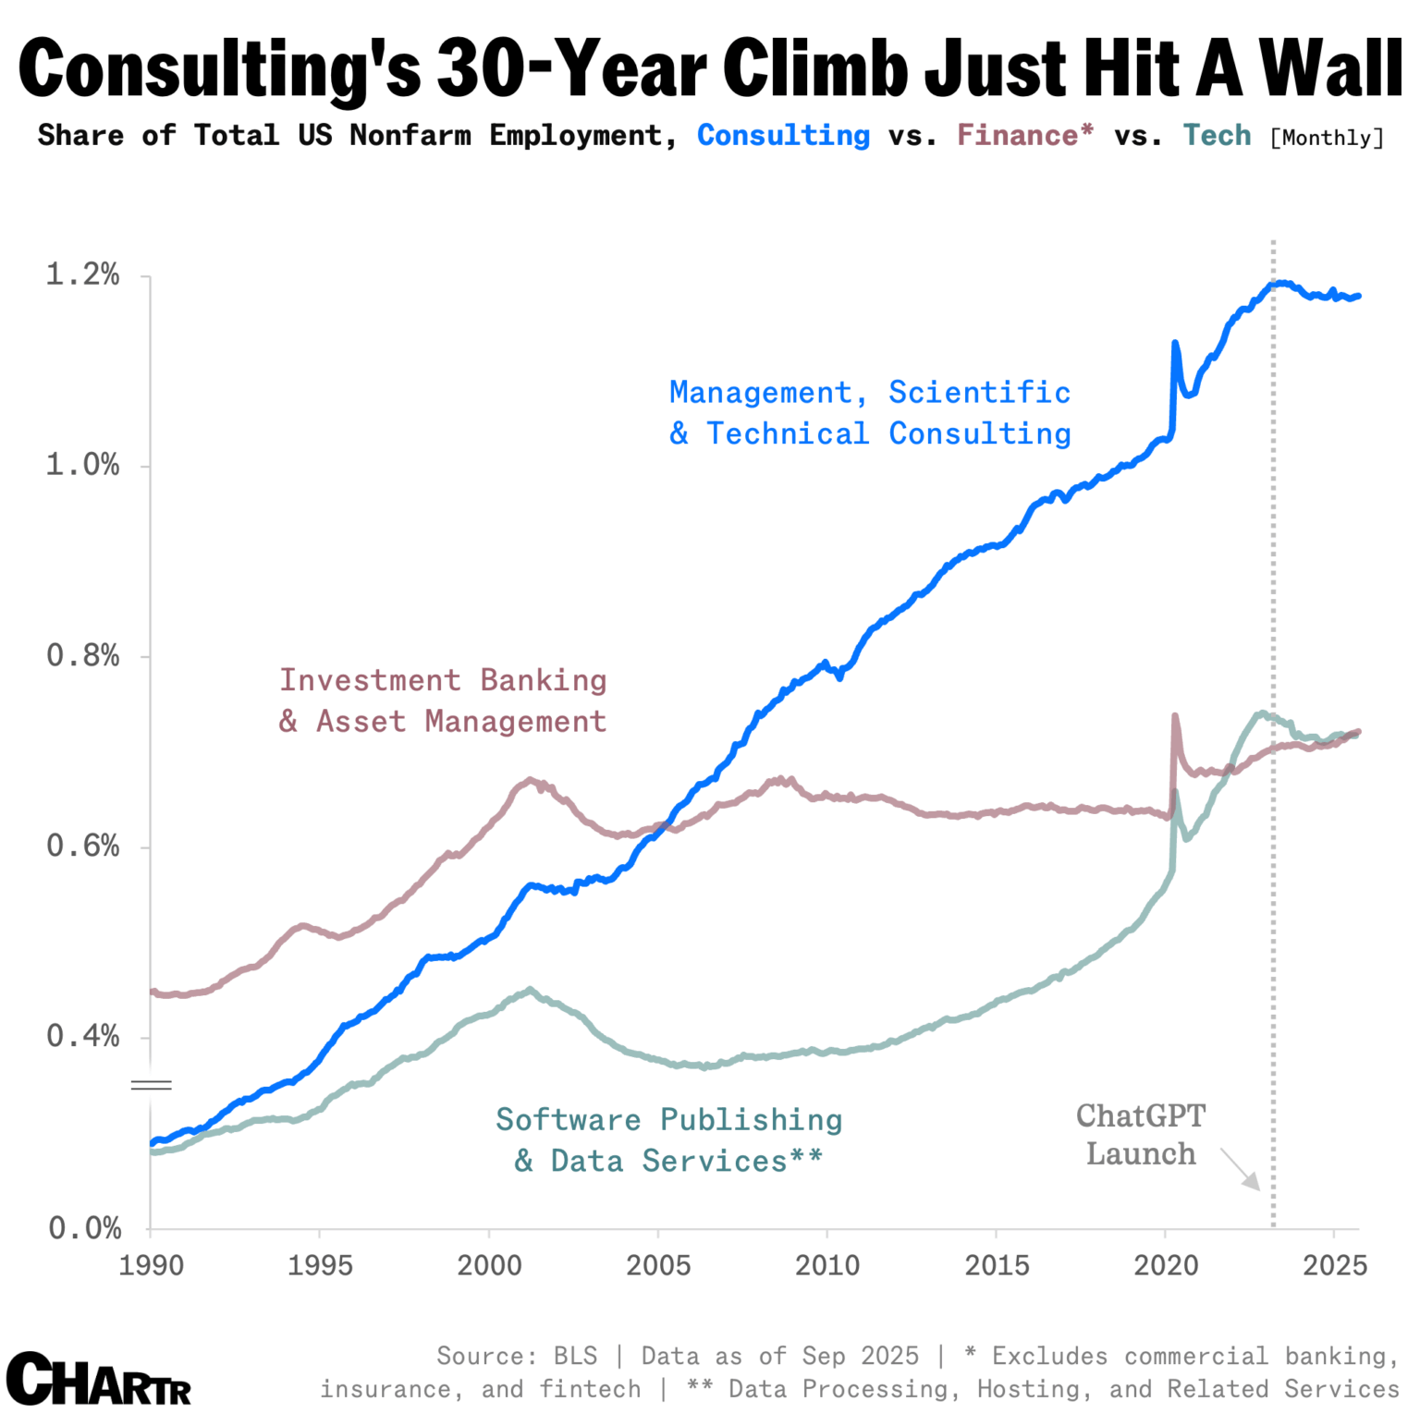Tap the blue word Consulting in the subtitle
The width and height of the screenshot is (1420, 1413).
coord(783,136)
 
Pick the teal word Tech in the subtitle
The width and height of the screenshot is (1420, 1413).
coord(1217,136)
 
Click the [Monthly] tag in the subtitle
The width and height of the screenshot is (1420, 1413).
coord(1327,139)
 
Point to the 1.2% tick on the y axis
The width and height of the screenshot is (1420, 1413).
coord(83,274)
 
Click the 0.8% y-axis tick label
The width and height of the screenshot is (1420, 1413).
coord(83,656)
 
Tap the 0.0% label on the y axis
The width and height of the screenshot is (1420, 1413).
coord(84,1228)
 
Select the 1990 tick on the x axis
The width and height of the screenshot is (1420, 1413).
coord(151,1265)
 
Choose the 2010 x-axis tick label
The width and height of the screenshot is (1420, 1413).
coord(827,1265)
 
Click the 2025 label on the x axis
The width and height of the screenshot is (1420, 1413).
coord(1334,1265)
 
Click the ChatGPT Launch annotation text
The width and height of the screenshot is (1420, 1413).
coord(1141,1135)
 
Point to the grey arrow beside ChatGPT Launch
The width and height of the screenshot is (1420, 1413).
coord(1241,1170)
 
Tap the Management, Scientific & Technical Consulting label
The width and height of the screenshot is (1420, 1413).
coord(870,413)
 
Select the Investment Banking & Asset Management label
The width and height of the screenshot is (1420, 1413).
coord(443,700)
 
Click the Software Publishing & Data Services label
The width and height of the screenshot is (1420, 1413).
coord(669,1140)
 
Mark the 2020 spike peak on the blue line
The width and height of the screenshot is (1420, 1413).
coord(1175,343)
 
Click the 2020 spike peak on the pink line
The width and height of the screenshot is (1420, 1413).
coord(1174,715)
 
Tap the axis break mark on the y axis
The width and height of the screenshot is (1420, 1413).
coord(151,1085)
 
